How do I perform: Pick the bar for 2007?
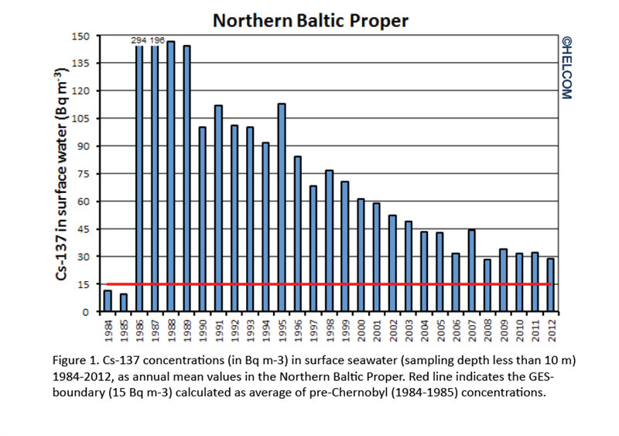point(471,271)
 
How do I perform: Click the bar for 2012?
point(550,285)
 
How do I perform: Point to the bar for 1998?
point(329,241)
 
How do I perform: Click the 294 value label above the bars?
point(139,41)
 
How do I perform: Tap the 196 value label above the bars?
point(157,41)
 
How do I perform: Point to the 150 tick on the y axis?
point(83,36)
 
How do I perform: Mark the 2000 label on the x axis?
point(361,328)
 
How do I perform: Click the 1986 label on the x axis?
point(139,328)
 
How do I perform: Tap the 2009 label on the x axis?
point(503,328)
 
